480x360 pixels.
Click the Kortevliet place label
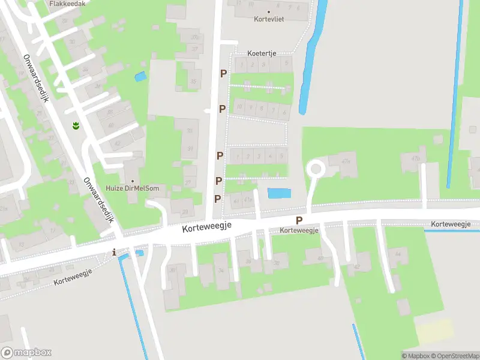(x=268, y=19)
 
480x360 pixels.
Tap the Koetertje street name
(x=262, y=53)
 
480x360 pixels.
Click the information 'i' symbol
(x=115, y=253)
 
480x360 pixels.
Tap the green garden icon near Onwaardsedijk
(x=76, y=125)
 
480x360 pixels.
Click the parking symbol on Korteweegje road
(x=299, y=220)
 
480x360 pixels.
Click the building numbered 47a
(x=344, y=163)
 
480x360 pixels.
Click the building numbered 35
(x=193, y=81)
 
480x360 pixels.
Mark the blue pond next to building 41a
(x=278, y=193)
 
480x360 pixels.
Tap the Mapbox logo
(x=26, y=353)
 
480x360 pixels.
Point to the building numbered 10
(x=240, y=107)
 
